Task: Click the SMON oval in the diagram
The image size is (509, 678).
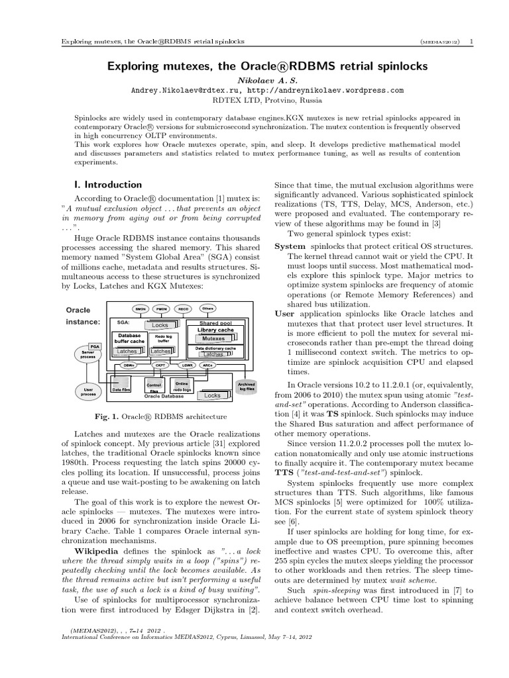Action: (141, 309)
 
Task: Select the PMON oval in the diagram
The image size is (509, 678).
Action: (162, 309)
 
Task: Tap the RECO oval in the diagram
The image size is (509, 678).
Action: (183, 309)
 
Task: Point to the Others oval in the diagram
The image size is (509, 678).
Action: (207, 309)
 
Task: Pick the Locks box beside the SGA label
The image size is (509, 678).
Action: (160, 325)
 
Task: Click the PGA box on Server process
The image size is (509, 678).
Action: (95, 345)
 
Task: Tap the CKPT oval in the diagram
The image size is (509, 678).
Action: (160, 365)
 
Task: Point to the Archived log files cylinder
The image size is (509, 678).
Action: (246, 386)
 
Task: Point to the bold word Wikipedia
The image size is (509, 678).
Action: (98, 551)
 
